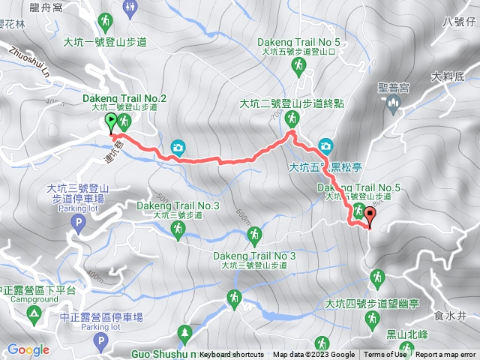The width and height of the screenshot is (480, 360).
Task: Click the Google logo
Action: click(x=28, y=349)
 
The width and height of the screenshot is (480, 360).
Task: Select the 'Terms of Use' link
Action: click(x=385, y=355)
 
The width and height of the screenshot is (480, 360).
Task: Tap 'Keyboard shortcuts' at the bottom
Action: click(x=232, y=355)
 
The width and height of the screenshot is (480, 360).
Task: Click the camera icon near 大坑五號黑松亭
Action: click(x=325, y=145)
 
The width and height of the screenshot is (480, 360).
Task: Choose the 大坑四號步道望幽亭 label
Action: click(x=365, y=303)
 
